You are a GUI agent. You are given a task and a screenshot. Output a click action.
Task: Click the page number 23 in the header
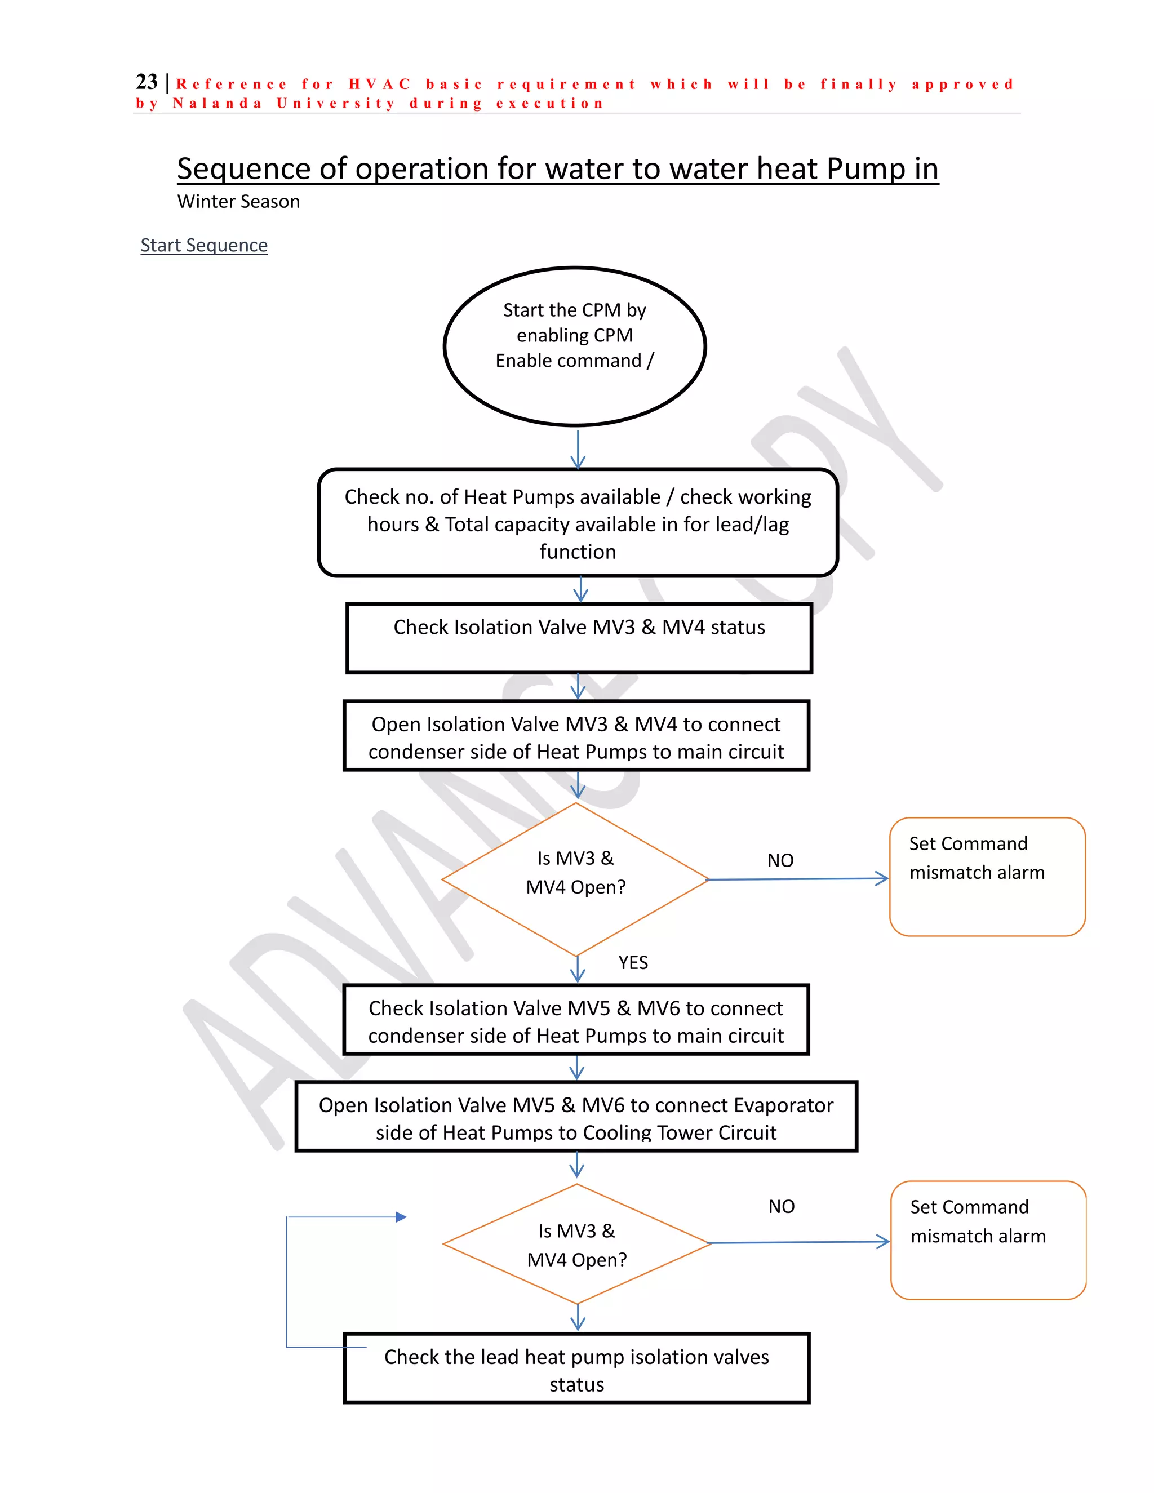(147, 82)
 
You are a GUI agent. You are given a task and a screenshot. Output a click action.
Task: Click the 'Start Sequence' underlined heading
(204, 246)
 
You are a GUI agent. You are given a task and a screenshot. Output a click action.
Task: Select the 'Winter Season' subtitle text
(238, 202)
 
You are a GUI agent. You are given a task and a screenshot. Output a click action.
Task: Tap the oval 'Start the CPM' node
(575, 346)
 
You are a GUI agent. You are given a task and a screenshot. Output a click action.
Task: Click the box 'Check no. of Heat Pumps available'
(578, 523)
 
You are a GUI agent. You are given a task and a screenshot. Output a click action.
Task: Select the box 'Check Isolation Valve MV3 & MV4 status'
(579, 638)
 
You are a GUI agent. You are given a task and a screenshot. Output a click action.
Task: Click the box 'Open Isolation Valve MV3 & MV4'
(576, 736)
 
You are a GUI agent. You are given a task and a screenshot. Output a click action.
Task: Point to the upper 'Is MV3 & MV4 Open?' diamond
(576, 878)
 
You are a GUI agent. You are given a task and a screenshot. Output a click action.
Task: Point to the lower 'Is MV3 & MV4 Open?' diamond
(577, 1244)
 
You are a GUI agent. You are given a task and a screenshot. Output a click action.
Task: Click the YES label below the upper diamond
(633, 962)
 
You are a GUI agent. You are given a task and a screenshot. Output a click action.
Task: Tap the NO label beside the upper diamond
(780, 861)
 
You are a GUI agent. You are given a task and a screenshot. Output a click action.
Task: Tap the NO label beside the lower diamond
(782, 1207)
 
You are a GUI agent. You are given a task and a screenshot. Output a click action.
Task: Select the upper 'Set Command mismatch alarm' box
(987, 877)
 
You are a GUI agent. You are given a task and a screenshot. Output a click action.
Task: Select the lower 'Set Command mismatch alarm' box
(988, 1240)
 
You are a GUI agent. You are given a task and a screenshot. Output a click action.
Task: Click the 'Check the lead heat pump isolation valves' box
(576, 1369)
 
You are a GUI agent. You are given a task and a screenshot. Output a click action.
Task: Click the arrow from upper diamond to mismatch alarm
(798, 879)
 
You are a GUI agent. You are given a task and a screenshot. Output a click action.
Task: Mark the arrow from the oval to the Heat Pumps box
(578, 448)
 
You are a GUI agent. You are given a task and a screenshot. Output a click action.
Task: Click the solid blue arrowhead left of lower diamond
(401, 1217)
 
